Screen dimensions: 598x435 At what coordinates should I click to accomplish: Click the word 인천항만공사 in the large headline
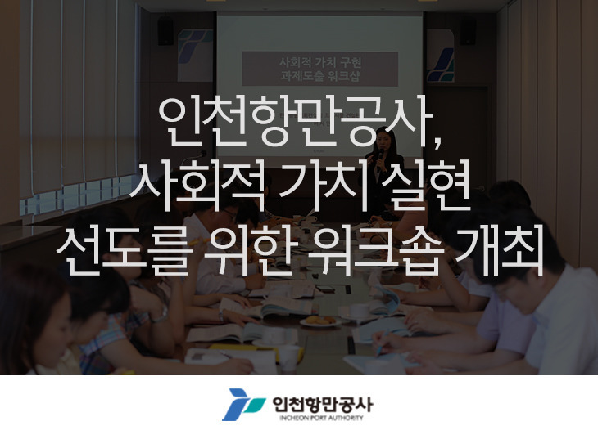(295, 122)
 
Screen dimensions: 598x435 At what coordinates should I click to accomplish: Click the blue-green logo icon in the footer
(244, 404)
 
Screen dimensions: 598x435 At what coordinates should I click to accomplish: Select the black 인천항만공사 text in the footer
(323, 405)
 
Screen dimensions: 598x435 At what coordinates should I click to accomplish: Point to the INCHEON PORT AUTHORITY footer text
(321, 418)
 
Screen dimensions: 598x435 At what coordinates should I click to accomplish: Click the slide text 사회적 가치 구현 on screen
(320, 62)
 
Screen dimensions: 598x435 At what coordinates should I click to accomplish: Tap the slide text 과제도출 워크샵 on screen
(320, 76)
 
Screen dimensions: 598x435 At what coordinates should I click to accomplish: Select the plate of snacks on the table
(320, 321)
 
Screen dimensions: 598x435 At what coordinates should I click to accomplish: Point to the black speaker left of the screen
(165, 32)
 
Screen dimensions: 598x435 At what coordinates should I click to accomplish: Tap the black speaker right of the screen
(468, 32)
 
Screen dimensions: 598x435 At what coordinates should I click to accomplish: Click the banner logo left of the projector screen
(195, 55)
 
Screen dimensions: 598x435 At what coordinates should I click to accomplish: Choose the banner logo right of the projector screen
(441, 55)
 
